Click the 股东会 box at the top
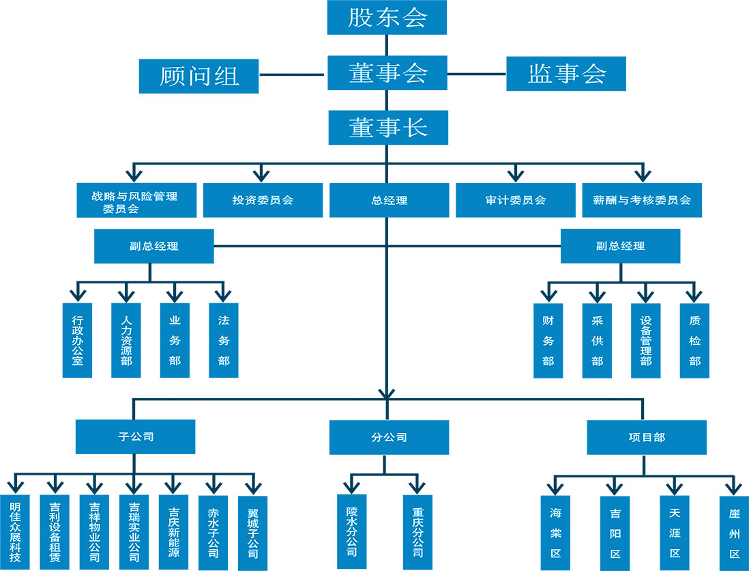387,18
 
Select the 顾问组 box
199,75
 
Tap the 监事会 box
566,73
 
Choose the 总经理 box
390,200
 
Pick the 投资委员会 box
263,200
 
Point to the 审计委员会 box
516,200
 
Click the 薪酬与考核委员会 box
642,200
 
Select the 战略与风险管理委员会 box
135,200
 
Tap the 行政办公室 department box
77,340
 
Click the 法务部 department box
224,340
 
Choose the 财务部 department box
548,340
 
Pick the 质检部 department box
694,340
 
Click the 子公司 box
135,436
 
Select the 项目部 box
647,437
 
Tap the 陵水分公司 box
352,531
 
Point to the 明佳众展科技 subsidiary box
14,533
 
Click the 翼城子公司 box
252,533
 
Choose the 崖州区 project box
734,533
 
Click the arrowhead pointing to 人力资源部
126,294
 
